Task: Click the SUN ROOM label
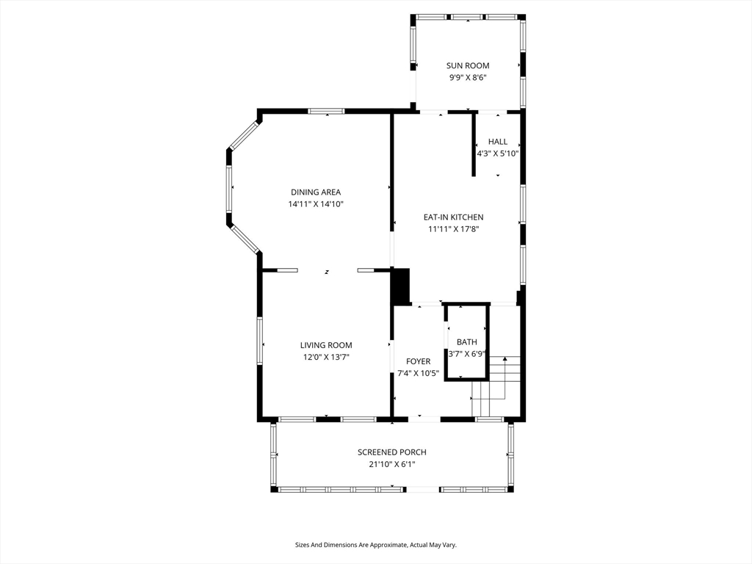tap(468, 65)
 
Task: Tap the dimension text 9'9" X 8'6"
tap(468, 78)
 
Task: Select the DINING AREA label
tap(316, 192)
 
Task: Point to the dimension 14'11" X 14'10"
tap(316, 204)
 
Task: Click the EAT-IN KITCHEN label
tap(453, 217)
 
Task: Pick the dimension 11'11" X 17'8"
tap(453, 229)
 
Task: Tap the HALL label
tap(498, 142)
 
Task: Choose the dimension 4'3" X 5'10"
tap(498, 154)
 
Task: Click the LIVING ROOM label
tap(326, 345)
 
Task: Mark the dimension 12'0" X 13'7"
tap(326, 358)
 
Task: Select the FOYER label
tap(418, 361)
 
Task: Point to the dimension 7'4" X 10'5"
tap(418, 374)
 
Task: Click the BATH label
tap(466, 342)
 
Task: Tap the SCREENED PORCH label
tap(392, 452)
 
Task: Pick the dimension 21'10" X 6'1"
tap(392, 464)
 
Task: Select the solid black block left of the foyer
tap(401, 286)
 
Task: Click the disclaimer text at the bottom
tap(375, 545)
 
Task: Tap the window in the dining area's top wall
tap(326, 112)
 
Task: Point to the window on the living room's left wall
tap(259, 341)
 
